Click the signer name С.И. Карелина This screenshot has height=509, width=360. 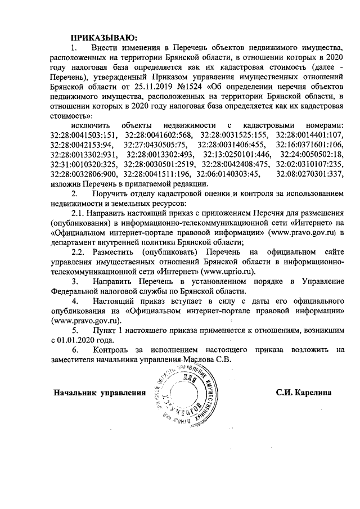(x=304, y=391)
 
